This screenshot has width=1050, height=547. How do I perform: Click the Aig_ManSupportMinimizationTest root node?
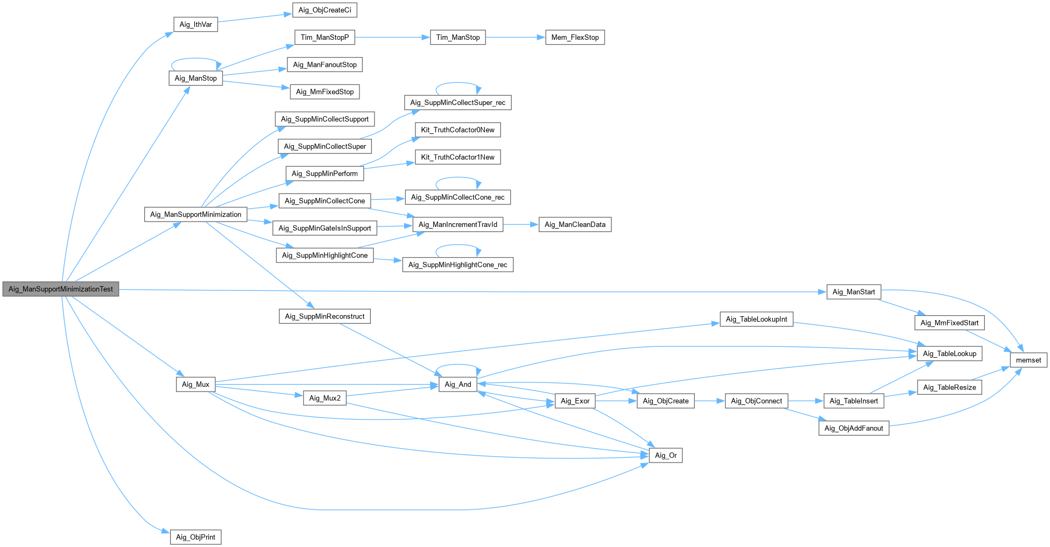point(61,289)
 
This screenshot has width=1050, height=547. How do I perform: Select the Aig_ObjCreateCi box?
point(325,10)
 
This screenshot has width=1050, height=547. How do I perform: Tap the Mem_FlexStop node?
point(575,37)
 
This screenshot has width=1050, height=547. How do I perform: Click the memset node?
point(1028,360)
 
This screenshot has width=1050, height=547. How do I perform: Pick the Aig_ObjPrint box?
point(195,537)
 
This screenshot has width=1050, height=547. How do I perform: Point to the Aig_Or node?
point(666,455)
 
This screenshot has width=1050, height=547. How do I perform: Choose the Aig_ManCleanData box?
point(575,224)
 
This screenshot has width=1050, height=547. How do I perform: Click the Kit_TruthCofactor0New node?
point(457,130)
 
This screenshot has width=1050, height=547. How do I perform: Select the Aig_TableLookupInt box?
point(756,319)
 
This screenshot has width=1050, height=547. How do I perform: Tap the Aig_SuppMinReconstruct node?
point(325,316)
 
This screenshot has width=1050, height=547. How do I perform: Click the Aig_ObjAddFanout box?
point(854,428)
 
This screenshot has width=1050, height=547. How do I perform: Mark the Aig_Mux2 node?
point(325,398)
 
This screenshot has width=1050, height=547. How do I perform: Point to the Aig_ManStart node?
point(854,292)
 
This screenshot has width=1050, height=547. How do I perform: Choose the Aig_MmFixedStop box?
point(325,91)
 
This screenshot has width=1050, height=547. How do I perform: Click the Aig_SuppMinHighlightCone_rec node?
point(457,265)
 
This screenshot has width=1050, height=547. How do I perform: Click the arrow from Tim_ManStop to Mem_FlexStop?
point(515,37)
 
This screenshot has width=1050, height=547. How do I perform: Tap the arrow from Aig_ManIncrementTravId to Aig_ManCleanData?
point(520,224)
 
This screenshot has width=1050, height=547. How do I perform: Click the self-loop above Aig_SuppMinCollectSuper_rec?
point(457,83)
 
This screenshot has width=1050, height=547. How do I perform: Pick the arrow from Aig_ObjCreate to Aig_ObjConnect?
point(709,401)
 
